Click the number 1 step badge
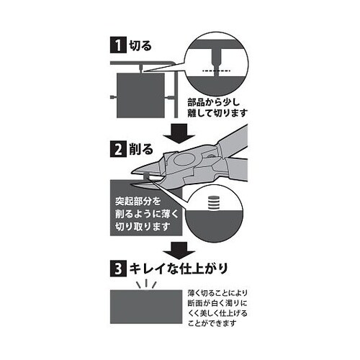tap(116, 45)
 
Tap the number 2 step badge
tap(116, 150)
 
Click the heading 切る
tap(140, 45)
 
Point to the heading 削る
tap(140, 150)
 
